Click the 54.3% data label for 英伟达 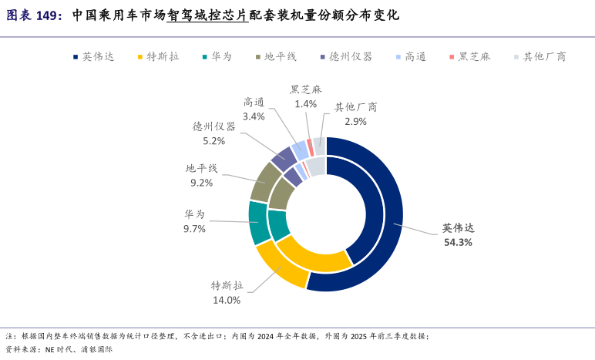[458, 242]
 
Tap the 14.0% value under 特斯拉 [227, 300]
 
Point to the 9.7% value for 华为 [194, 229]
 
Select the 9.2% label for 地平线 [201, 183]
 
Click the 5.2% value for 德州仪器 [213, 141]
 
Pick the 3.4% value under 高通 [254, 116]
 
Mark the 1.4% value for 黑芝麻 [305, 104]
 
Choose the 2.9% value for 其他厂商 [355, 122]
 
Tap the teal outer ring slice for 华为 [257, 223]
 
